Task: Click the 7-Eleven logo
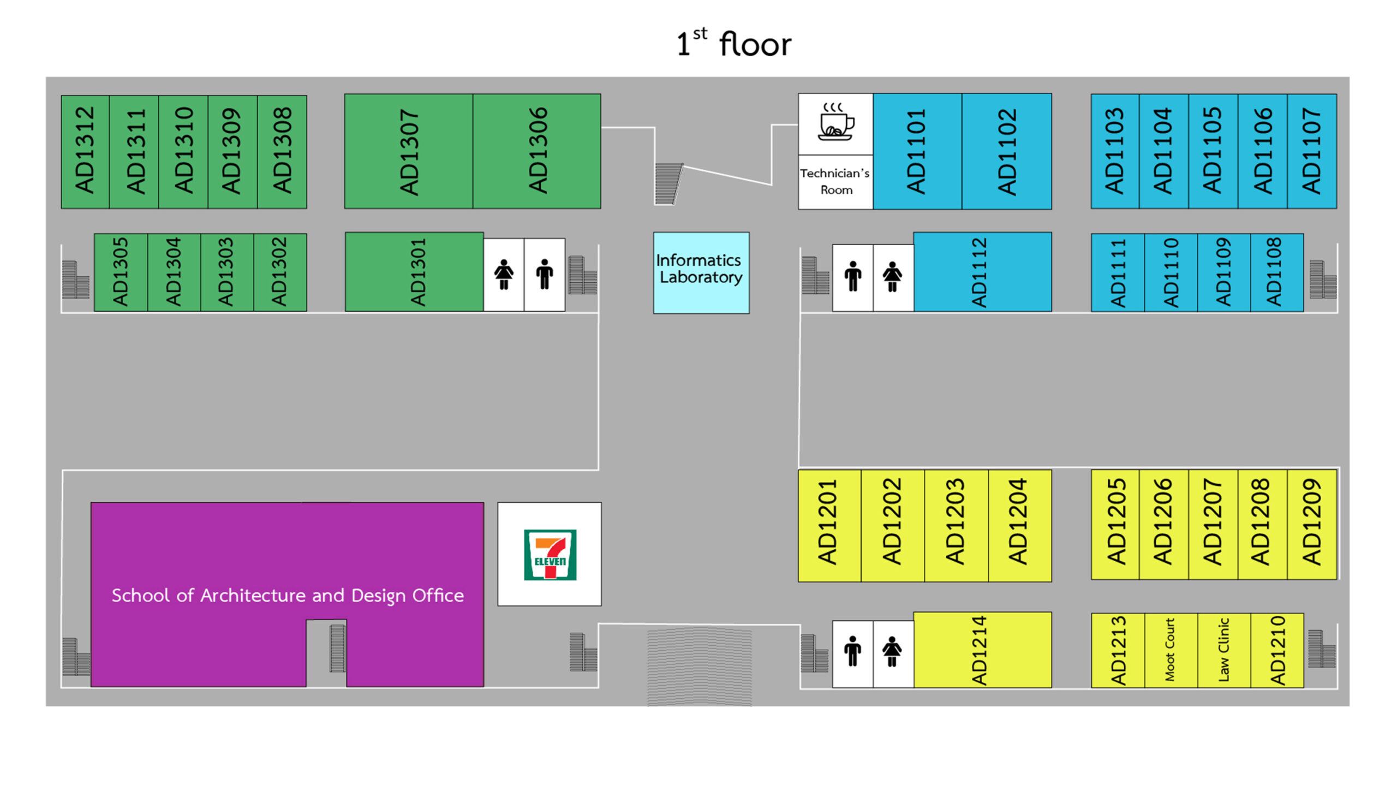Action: click(550, 554)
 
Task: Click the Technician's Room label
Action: click(835, 181)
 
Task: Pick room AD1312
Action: click(85, 151)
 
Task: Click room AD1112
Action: click(982, 272)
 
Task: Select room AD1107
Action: click(1312, 151)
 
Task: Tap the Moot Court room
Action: click(1171, 650)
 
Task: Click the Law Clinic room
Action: click(1223, 650)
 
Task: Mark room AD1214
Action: click(982, 650)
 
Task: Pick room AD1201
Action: click(829, 525)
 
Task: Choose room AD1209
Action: click(1312, 524)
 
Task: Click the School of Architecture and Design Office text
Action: click(288, 595)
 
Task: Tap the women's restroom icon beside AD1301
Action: click(504, 275)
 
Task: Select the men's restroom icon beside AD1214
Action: click(852, 653)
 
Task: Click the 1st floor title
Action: click(733, 44)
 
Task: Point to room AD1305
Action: click(121, 272)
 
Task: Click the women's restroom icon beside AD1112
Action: click(893, 277)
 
